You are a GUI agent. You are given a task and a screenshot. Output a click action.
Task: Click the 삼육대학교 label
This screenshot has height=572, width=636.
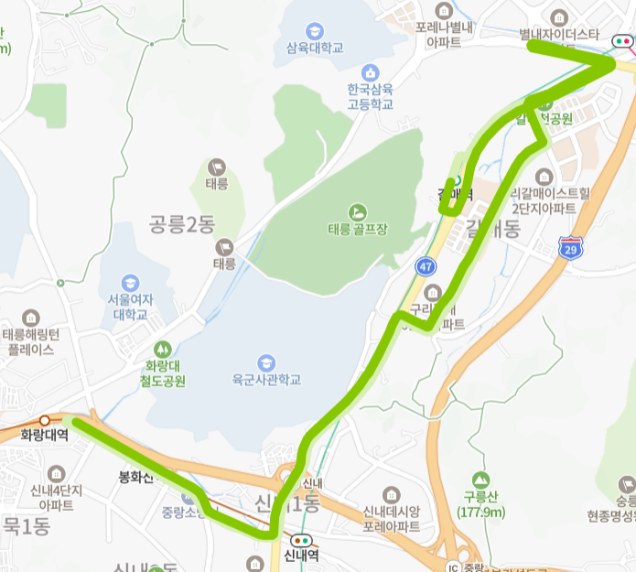[x=314, y=48]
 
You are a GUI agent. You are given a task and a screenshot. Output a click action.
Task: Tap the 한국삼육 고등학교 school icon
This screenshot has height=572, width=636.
[x=370, y=72]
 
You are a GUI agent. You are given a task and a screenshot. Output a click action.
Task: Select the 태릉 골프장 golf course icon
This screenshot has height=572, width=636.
[x=357, y=211]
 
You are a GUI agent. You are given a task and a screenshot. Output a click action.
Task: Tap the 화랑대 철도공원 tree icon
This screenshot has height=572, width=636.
[x=163, y=349]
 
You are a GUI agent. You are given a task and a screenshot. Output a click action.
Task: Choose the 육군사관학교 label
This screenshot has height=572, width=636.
[x=266, y=379]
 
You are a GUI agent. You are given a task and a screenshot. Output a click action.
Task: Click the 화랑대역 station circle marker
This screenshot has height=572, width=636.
[x=44, y=421]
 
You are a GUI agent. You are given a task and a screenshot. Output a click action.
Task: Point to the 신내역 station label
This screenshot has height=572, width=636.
[x=300, y=555]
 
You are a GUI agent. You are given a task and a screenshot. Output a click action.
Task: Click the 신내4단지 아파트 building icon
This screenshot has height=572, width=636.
[x=57, y=473]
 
